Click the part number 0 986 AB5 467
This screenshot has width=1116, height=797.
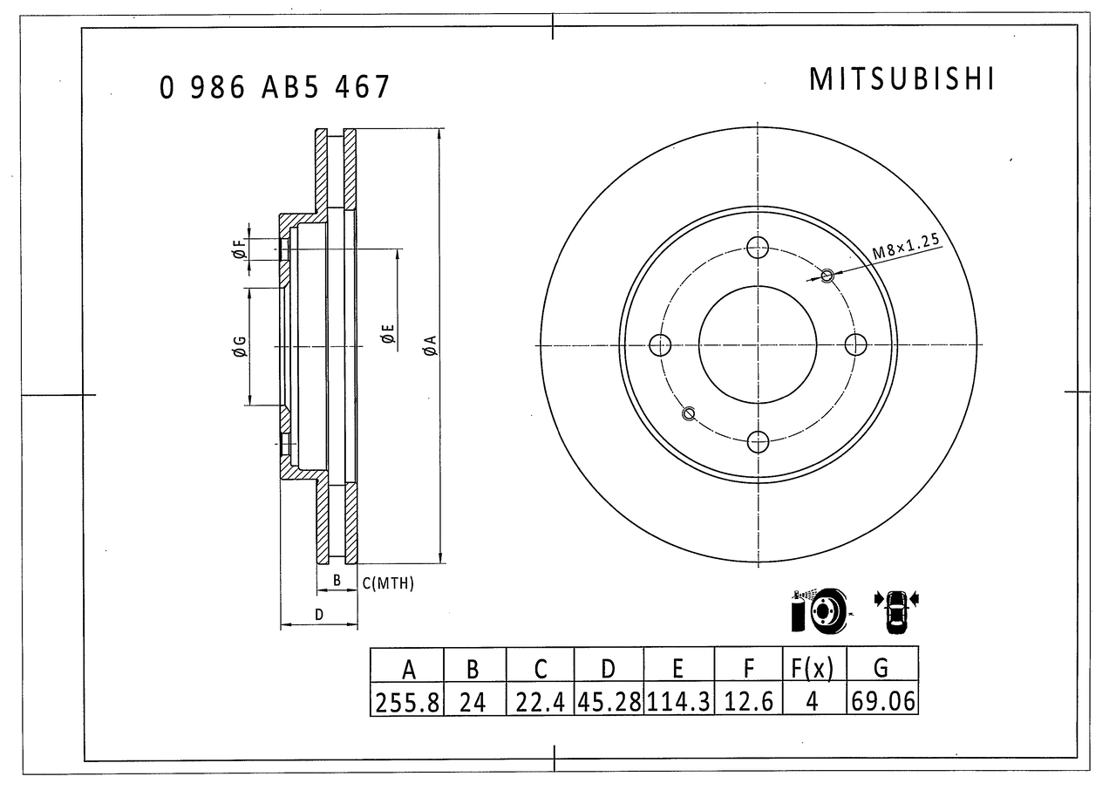274,87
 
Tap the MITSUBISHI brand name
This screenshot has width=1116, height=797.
902,78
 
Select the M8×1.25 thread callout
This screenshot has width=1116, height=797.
906,246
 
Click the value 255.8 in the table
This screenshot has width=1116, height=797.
407,703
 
